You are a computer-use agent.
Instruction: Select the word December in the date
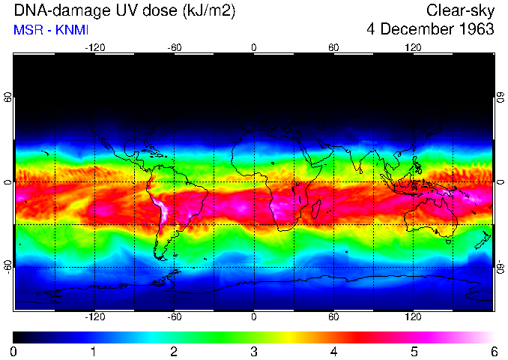pos(414,29)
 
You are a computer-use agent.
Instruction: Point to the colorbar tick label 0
pos(13,351)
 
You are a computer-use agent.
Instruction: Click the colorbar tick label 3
pos(253,351)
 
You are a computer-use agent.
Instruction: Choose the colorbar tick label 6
pos(493,351)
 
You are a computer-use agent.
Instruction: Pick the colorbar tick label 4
pos(333,351)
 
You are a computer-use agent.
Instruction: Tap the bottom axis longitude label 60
pos(333,317)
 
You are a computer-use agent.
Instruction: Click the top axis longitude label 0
pos(253,47)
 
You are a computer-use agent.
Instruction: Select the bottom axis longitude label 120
pos(413,317)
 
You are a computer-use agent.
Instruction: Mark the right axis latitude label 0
pos(500,182)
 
